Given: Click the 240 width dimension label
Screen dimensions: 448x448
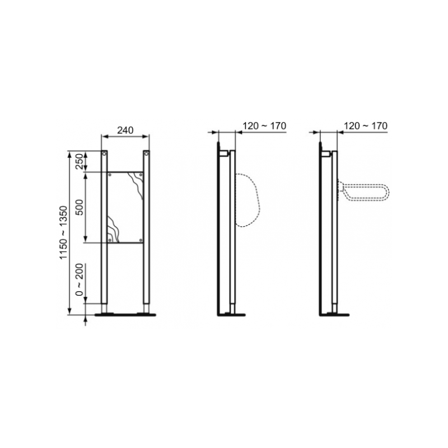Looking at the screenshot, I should tap(125, 130).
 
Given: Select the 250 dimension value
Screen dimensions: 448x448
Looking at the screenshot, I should tap(80, 161).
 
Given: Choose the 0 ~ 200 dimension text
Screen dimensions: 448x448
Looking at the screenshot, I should tap(80, 279).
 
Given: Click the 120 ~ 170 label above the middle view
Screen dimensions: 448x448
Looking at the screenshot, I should tap(264, 126).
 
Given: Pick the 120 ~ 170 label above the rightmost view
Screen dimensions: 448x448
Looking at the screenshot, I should tap(365, 126).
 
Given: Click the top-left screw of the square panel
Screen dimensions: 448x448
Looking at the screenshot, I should tap(110, 175).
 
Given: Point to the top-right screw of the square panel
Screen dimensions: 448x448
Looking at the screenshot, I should tap(140, 175).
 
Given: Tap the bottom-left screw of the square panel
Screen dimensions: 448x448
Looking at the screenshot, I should tap(110, 240).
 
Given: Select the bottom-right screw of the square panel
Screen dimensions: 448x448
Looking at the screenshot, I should tap(140, 240).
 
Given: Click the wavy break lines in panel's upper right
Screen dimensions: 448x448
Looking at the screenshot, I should tap(136, 182).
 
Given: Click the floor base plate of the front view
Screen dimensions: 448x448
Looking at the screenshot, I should tap(125, 315).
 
